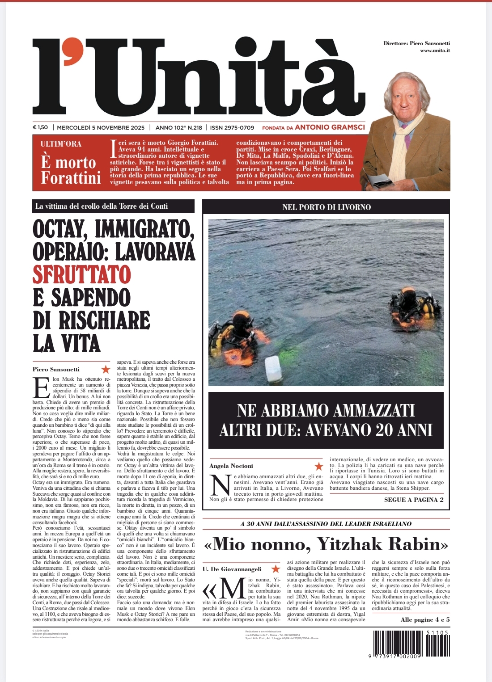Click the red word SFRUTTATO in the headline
81,274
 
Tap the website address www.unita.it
435,51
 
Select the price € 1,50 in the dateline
40,127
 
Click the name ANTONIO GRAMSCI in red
330,127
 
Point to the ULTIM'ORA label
61,144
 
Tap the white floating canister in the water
273,369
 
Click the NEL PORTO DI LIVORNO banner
326,207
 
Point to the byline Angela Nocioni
231,466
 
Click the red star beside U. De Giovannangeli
276,569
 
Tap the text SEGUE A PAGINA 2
414,500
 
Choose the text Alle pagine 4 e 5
425,619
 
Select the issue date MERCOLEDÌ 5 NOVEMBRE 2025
101,127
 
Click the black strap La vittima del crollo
113,206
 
